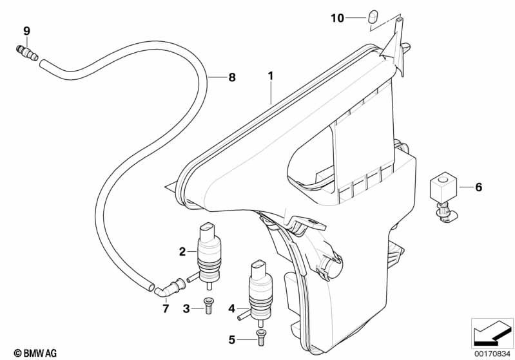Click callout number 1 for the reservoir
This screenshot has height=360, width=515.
pos(271,76)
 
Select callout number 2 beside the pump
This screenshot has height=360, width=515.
pos(182,251)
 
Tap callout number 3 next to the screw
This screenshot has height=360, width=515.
pos(186,309)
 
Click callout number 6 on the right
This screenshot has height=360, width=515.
pos(478,187)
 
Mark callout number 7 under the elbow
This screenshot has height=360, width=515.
pos(166,309)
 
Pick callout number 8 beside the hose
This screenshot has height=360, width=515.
pos(232,77)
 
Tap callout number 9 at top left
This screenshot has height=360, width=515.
pos(26,31)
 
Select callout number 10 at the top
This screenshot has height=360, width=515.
pos(338,18)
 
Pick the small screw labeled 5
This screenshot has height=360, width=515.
pos(260,335)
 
